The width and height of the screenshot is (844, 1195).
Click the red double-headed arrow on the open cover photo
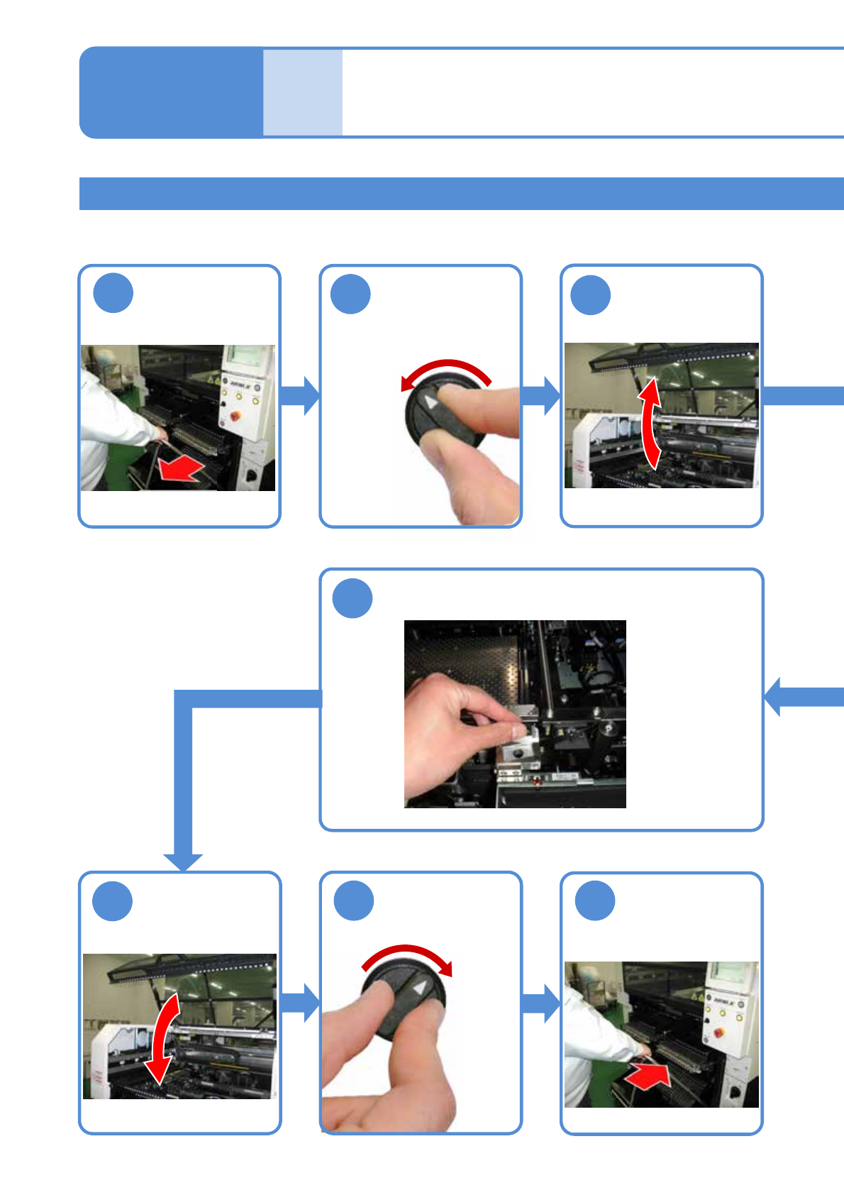650,424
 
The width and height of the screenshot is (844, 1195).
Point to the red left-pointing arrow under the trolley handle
180,469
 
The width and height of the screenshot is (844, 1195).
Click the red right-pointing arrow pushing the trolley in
649,1076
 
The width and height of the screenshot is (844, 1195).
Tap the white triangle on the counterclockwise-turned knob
431,402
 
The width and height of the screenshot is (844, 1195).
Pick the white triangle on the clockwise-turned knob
421,987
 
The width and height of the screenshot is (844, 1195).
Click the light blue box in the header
303,92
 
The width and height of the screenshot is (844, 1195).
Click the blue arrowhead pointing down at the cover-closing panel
183,861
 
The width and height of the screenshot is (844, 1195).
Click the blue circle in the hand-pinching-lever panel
352,598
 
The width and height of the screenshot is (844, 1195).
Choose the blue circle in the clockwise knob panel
353,901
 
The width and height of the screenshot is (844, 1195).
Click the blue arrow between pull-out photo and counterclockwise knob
301,395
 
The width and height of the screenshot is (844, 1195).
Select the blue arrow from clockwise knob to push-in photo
541,1003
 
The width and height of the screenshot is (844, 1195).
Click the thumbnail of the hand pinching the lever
515,714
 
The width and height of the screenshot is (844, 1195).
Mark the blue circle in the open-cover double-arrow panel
591,295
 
